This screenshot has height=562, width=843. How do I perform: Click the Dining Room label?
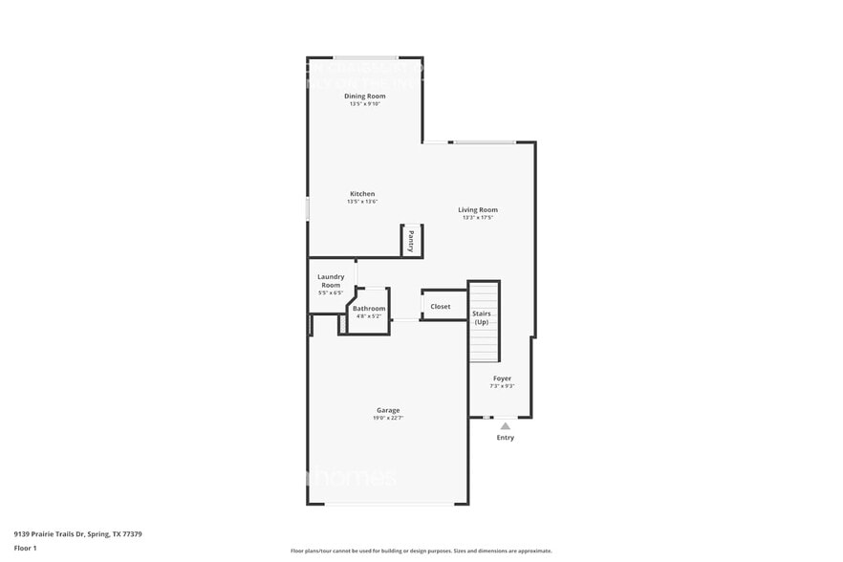coord(365,96)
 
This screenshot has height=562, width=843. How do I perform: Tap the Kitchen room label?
coord(362,194)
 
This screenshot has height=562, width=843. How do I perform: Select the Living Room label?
coord(478,210)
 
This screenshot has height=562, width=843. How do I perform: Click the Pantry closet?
coord(411,240)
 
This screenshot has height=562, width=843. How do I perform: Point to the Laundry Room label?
coord(331,281)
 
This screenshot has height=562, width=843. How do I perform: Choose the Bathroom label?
coord(369,309)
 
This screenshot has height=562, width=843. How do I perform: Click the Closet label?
coord(441,307)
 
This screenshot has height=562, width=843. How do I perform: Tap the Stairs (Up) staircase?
coord(483,319)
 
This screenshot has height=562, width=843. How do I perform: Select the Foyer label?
coord(502,378)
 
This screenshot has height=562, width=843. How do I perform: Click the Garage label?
coord(388,411)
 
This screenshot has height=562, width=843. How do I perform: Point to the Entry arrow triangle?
coord(505,426)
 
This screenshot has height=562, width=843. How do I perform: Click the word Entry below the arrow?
coord(505,438)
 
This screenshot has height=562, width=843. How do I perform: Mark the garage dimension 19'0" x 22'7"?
coord(388,419)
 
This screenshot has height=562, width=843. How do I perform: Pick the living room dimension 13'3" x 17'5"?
coord(478,218)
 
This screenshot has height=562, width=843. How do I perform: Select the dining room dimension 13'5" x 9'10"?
coord(365,103)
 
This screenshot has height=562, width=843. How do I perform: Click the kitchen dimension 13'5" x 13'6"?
coord(362,202)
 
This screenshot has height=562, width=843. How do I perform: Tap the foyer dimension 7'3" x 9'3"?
coord(502,386)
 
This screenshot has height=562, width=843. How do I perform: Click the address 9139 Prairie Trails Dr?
coord(78,534)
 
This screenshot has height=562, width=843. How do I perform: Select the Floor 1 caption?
coord(26,549)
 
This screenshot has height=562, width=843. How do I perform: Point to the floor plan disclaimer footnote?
coord(421,551)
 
